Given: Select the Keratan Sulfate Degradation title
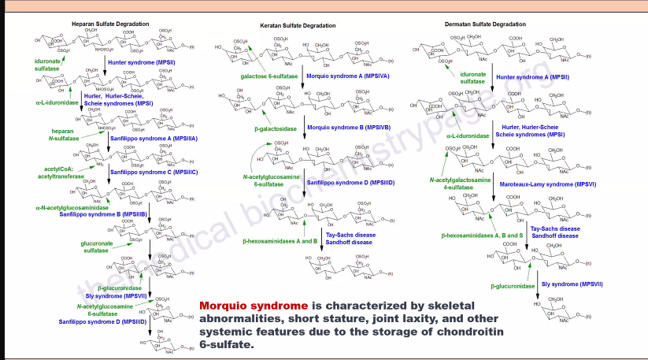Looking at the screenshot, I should point(298,25).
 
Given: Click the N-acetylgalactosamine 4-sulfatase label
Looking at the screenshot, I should point(461,184).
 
